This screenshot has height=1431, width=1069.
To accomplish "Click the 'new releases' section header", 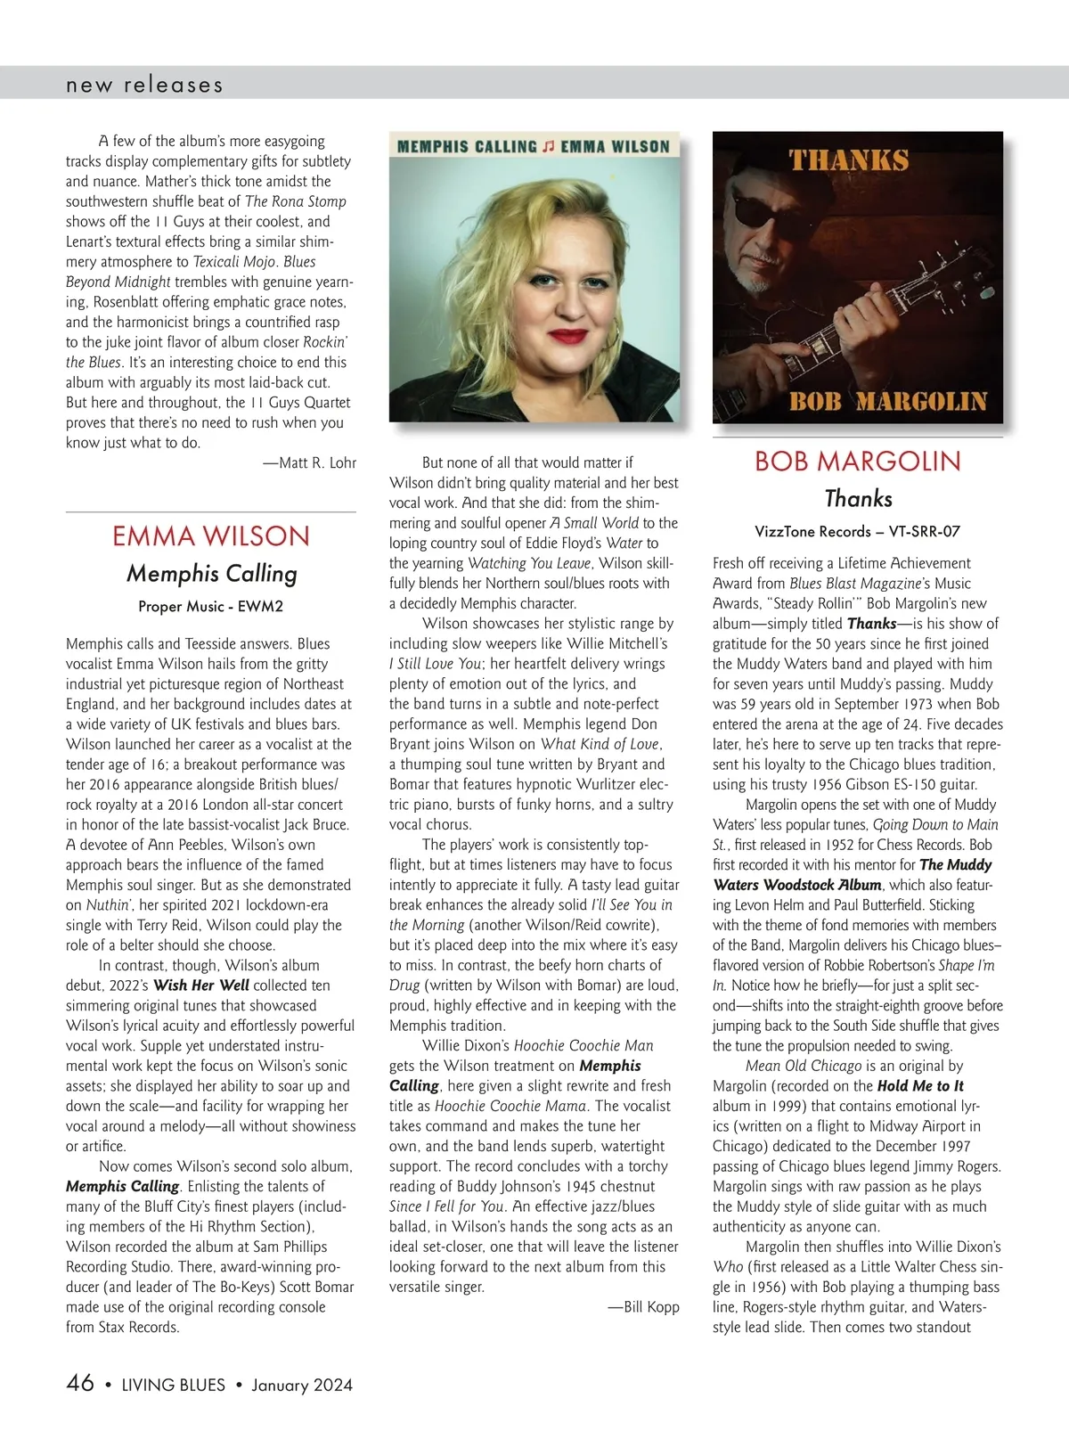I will pyautogui.click(x=144, y=86).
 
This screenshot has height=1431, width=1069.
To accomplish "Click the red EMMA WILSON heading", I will pyautogui.click(x=211, y=536).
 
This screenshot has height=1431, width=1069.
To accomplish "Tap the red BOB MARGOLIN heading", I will pyautogui.click(x=858, y=462).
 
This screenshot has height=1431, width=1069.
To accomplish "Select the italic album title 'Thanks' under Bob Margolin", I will pyautogui.click(x=858, y=499).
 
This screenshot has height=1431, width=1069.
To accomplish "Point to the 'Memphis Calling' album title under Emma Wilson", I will pyautogui.click(x=211, y=574).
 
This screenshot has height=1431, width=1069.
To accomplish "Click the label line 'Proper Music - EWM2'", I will pyautogui.click(x=211, y=607).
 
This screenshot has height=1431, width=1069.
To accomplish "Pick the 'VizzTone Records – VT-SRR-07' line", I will pyautogui.click(x=858, y=532).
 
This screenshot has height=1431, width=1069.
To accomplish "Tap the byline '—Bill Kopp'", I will pyautogui.click(x=643, y=1307).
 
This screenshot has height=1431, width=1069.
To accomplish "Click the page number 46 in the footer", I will pyautogui.click(x=80, y=1383).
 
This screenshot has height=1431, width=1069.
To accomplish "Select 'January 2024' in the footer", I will pyautogui.click(x=302, y=1385).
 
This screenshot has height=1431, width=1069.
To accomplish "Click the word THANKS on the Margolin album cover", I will pyautogui.click(x=849, y=161).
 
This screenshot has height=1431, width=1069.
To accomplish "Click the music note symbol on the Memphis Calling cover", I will pyautogui.click(x=549, y=147).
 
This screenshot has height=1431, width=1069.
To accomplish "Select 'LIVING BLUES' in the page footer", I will pyautogui.click(x=173, y=1385).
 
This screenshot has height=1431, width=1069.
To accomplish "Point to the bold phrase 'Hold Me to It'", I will pyautogui.click(x=920, y=1086).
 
